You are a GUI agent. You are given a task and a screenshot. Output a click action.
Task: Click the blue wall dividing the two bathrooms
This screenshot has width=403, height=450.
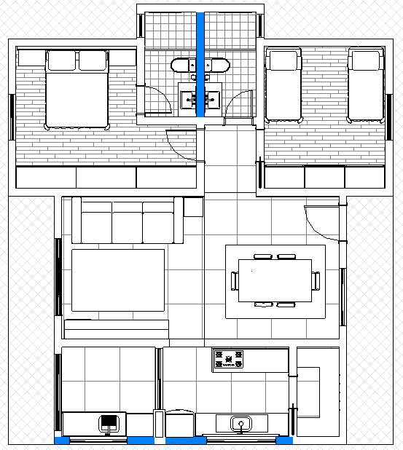click(200, 44)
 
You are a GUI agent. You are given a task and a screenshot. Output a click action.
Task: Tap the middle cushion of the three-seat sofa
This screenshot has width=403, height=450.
click(127, 223)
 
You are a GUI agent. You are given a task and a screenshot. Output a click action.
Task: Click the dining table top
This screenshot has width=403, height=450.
click(275, 280)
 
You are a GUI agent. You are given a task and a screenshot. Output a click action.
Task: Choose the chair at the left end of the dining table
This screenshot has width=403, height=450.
click(235, 280)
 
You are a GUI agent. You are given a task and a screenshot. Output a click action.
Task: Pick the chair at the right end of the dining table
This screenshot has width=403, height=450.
click(316, 280)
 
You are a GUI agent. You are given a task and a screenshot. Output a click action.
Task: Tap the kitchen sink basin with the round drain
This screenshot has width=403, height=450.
click(240, 423)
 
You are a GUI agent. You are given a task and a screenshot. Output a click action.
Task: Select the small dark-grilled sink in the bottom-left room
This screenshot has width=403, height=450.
click(109, 423)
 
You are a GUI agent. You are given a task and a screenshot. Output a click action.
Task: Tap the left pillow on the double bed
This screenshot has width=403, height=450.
click(62, 60)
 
